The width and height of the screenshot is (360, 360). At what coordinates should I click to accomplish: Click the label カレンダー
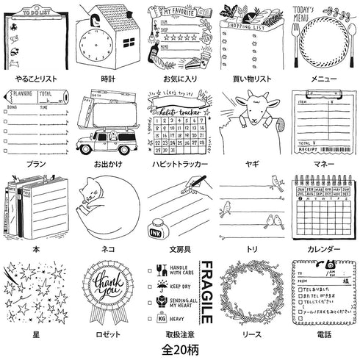pos(323,250)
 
